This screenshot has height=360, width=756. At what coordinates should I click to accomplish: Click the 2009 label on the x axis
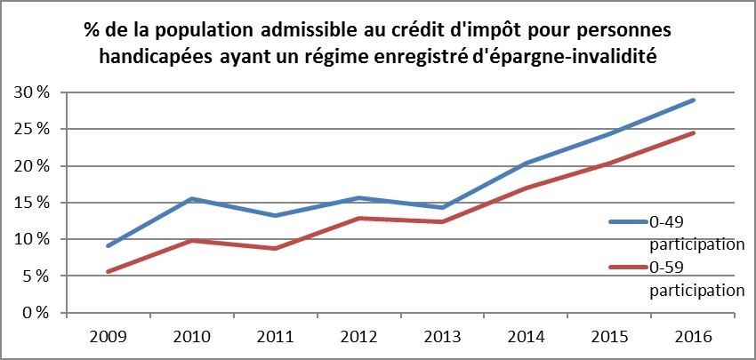pyautogui.click(x=108, y=338)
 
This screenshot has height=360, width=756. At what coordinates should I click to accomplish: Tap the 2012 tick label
pyautogui.click(x=358, y=338)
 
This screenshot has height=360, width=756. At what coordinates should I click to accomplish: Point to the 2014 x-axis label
pyautogui.click(x=526, y=338)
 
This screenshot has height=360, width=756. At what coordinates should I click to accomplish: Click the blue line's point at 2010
pyautogui.click(x=191, y=199)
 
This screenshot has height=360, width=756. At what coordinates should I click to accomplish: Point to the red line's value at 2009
pyautogui.click(x=108, y=272)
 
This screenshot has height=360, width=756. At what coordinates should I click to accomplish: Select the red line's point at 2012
pyautogui.click(x=358, y=218)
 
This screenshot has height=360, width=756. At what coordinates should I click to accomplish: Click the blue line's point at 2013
pyautogui.click(x=442, y=208)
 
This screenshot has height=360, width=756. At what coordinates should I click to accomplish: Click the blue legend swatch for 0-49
pyautogui.click(x=629, y=221)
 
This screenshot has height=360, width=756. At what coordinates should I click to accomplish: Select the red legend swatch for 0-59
pyautogui.click(x=629, y=267)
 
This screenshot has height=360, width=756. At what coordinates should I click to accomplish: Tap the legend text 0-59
pyautogui.click(x=668, y=267)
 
